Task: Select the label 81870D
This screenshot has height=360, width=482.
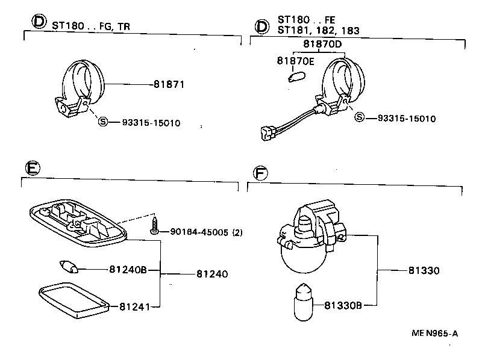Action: coord(322,44)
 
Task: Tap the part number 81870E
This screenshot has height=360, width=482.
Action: coord(296,61)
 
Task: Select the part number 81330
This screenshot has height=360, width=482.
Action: coord(423,271)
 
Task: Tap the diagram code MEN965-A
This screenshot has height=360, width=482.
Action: coord(434,333)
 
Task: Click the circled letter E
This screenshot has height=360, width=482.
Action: coord(34,169)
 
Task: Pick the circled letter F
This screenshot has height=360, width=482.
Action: coord(260,173)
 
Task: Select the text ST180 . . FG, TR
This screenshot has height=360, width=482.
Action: coord(91,26)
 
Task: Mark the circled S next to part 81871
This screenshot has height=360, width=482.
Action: coord(102,122)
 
